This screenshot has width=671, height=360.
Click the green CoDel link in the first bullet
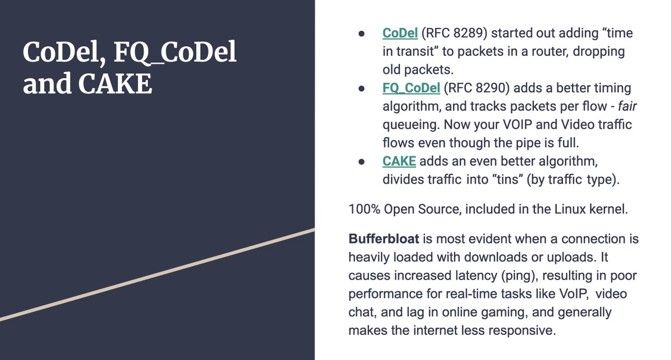400,33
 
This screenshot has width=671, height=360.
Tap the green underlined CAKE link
399,161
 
